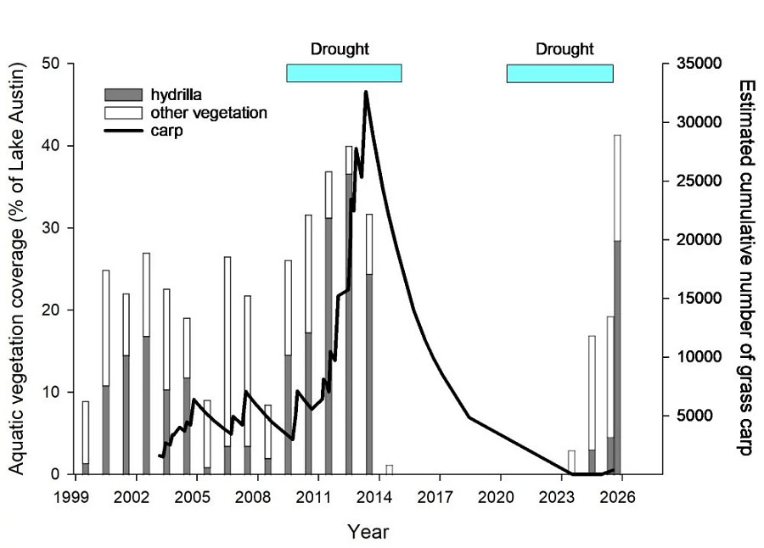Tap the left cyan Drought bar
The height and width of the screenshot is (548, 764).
click(344, 73)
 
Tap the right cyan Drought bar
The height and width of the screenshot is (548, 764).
click(559, 73)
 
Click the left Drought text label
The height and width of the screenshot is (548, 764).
click(340, 49)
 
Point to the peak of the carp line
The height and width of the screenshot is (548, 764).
click(366, 92)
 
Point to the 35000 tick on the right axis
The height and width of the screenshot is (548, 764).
click(694, 64)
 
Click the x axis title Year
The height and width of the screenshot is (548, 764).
click(368, 532)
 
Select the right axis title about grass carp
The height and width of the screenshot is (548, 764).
click(745, 268)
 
